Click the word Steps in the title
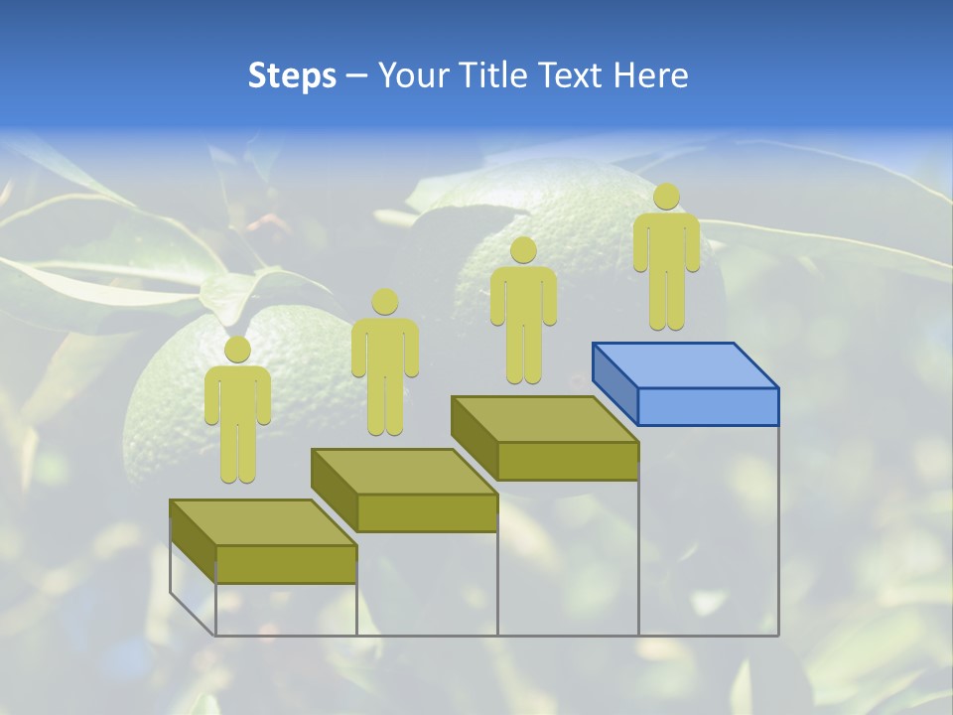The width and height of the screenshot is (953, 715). coord(292,75)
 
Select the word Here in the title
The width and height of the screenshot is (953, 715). coord(651,75)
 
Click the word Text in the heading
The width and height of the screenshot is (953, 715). coord(569,75)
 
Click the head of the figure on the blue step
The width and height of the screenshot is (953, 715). coord(666,197)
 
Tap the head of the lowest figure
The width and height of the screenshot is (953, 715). coord(237,350)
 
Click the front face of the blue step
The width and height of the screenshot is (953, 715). coord(708,406)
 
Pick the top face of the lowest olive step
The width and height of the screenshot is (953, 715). coord(263,522)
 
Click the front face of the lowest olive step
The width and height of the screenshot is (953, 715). coord(286,564)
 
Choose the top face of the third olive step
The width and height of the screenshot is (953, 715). coord(544,419)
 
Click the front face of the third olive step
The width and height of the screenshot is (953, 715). coord(567,461)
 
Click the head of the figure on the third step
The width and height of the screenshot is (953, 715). coord(523,250)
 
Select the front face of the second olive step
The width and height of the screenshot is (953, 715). coord(427,512)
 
